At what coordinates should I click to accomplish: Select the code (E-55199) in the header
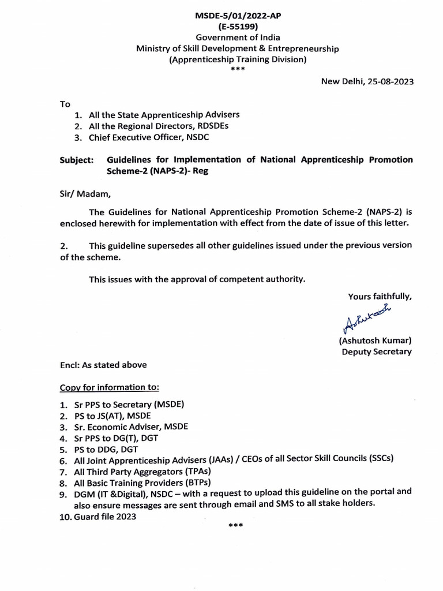pos(237,27)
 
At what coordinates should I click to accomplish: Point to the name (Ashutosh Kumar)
pos(375,341)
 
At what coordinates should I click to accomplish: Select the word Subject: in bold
pos(77,160)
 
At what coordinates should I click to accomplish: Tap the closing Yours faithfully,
pos(380,297)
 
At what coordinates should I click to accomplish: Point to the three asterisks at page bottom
pos(236,526)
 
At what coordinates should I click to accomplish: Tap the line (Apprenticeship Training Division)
pos(237,59)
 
